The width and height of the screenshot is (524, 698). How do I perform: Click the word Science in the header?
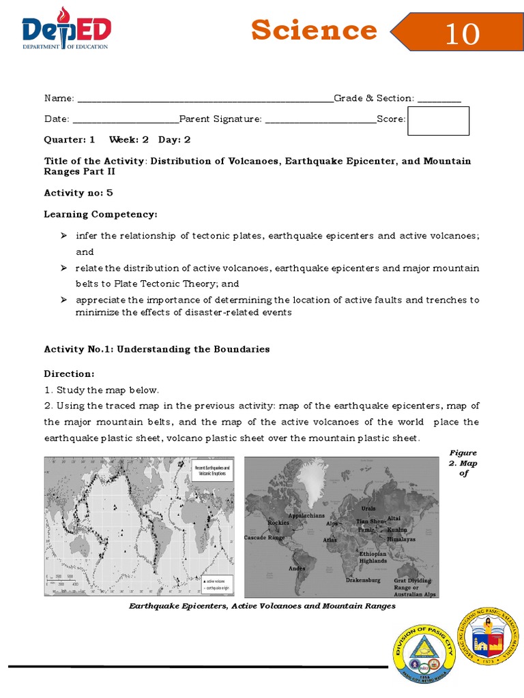(313, 31)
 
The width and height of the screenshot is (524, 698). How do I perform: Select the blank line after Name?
(205, 99)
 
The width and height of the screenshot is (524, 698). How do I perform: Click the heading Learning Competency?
(100, 214)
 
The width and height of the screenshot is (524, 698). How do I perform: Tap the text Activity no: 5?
(78, 193)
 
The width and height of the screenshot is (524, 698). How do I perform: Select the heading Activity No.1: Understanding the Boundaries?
(157, 349)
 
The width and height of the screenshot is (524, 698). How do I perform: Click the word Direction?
(69, 374)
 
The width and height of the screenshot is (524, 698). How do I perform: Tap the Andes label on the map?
(297, 568)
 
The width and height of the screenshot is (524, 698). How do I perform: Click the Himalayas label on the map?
(401, 538)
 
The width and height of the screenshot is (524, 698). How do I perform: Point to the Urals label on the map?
(368, 509)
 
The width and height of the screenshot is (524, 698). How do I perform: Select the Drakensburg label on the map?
(362, 580)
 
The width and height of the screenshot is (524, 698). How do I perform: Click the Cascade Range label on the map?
(265, 538)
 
